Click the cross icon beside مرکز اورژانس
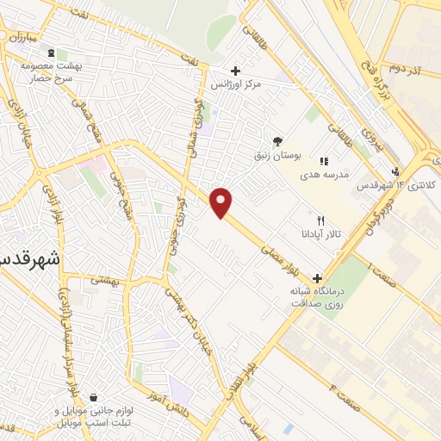pos(235,71)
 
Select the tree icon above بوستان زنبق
pos(277,140)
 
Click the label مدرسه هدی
pos(323,174)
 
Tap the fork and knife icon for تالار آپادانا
pos(321,220)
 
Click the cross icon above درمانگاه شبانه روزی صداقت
pos(318,278)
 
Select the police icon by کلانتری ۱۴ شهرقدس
pos(394,171)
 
